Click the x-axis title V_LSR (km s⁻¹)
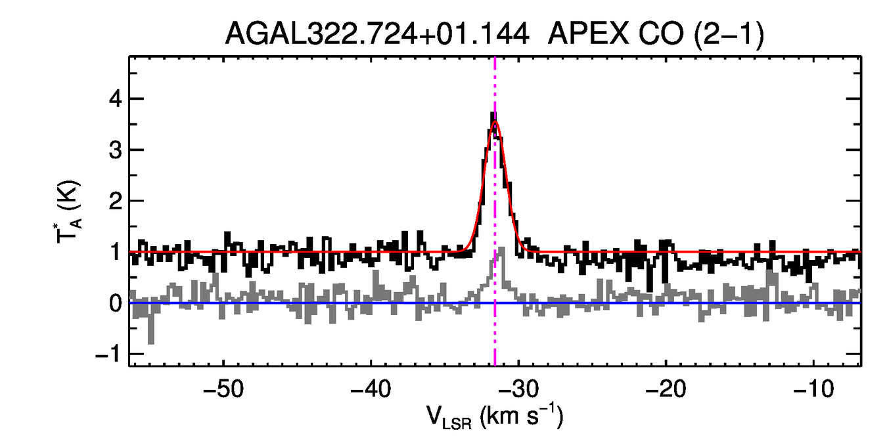(495, 417)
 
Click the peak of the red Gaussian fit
(495, 121)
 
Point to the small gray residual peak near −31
(501, 249)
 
